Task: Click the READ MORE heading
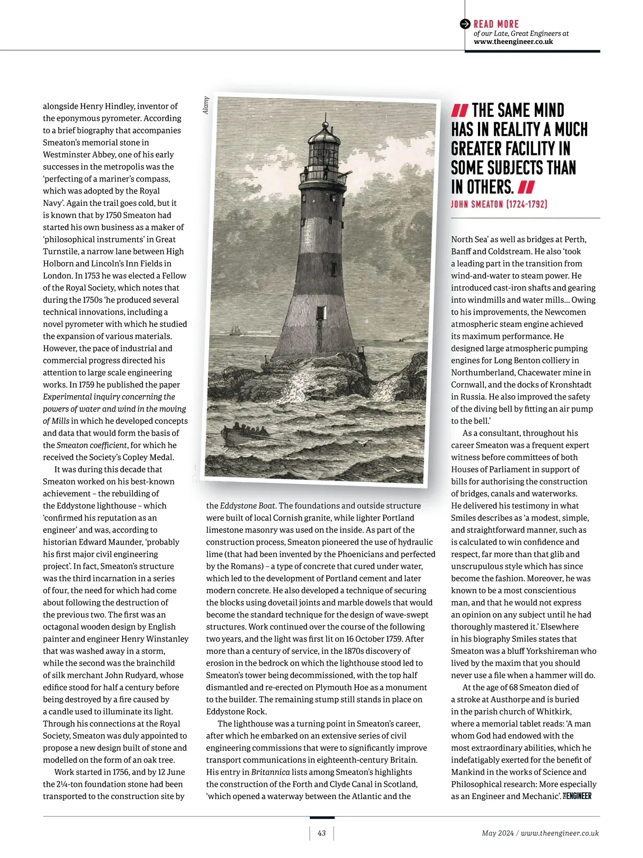496,24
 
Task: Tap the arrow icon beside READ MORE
465,24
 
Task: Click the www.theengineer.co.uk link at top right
513,41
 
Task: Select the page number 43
322,833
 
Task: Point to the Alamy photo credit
206,105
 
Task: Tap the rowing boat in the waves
247,431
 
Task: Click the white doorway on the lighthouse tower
322,312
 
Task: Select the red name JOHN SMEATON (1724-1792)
499,204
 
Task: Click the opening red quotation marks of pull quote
460,111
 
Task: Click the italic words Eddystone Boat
248,505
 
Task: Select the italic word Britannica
271,772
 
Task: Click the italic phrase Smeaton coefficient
92,445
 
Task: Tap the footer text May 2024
497,833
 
